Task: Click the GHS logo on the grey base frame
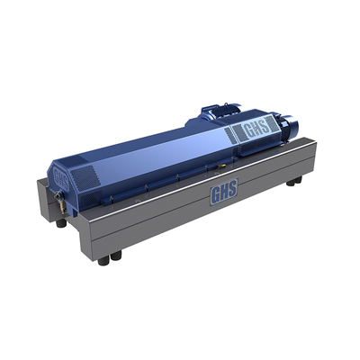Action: point(224,191)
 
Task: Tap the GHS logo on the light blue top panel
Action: point(257,128)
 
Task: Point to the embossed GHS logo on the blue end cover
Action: point(60,178)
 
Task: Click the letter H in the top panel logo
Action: point(257,128)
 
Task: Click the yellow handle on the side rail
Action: point(220,166)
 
